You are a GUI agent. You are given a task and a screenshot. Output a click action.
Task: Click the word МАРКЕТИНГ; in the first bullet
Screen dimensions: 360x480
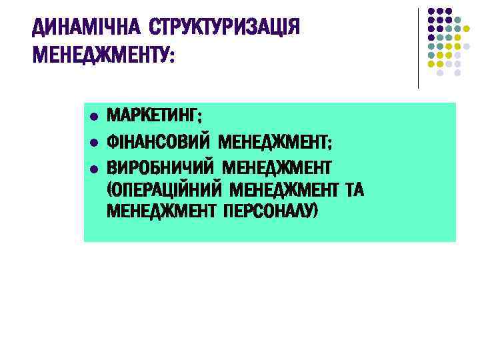pyautogui.click(x=155, y=115)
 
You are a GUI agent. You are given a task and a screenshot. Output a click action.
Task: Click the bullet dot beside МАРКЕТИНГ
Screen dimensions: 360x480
pyautogui.click(x=94, y=116)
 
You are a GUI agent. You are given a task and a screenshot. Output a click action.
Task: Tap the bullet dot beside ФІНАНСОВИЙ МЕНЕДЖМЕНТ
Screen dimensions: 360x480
pyautogui.click(x=94, y=142)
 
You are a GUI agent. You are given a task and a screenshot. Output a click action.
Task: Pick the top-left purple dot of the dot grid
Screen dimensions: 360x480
pyautogui.click(x=431, y=12)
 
